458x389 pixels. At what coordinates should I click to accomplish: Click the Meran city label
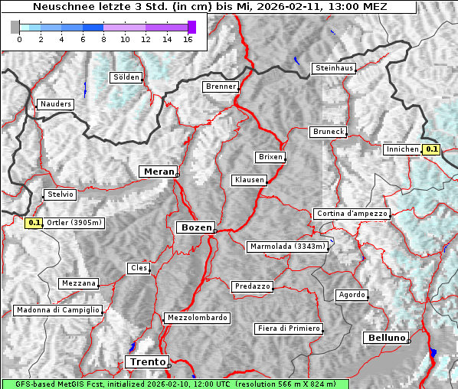(x=158, y=172)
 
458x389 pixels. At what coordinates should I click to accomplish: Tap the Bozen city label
(x=195, y=227)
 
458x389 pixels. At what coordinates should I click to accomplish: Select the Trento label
(x=146, y=361)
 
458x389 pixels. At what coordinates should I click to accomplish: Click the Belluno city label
(x=385, y=337)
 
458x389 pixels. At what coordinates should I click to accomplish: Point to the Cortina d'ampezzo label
(x=352, y=214)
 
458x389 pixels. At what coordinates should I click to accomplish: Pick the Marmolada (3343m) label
(x=288, y=247)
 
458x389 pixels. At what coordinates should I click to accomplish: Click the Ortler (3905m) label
(x=74, y=223)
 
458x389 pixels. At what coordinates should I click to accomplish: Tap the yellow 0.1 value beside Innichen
(x=432, y=149)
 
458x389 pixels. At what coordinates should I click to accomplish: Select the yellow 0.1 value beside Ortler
(x=34, y=223)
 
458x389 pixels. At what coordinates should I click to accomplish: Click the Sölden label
(x=126, y=77)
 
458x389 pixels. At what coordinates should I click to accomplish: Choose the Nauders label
(x=55, y=104)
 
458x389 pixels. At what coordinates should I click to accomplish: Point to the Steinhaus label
(x=335, y=68)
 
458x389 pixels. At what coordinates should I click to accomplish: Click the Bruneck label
(x=329, y=132)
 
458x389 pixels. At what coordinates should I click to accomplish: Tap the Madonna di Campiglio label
(x=57, y=310)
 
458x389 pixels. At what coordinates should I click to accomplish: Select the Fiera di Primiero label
(x=288, y=329)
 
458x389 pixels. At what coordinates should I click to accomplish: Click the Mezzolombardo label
(x=196, y=317)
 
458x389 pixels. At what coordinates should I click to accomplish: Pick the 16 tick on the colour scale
(x=188, y=38)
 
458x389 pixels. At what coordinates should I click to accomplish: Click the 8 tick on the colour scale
(x=103, y=38)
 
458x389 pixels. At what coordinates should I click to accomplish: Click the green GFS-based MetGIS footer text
(x=175, y=384)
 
